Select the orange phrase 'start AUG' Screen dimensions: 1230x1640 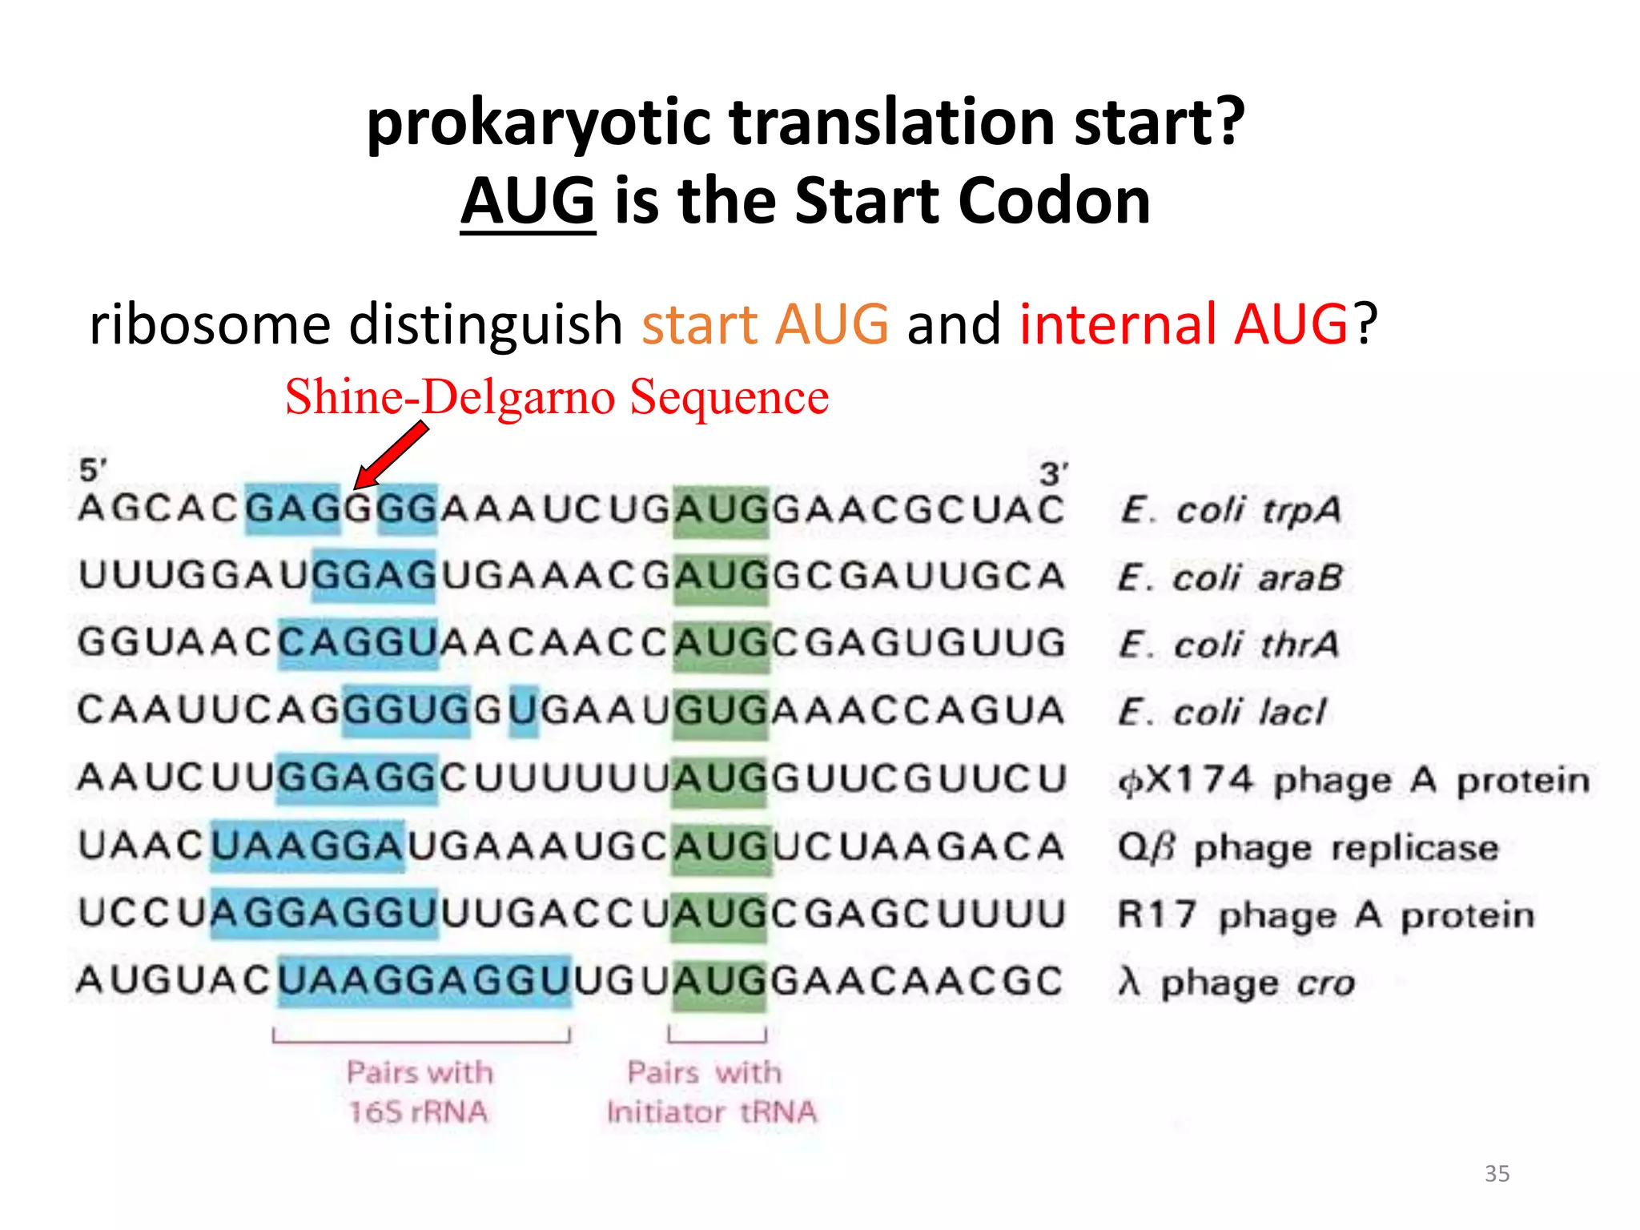tap(765, 324)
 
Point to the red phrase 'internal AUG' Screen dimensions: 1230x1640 tap(1184, 324)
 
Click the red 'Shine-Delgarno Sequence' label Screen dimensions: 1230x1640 tap(557, 396)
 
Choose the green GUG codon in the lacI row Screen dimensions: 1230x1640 tap(721, 711)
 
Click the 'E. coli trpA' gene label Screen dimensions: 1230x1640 tap(1230, 510)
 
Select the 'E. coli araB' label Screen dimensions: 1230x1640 tap(1230, 577)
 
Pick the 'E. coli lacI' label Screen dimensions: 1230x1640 tap(1222, 712)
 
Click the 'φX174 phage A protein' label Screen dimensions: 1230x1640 tap(1353, 780)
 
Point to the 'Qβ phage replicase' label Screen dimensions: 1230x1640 tap(1308, 847)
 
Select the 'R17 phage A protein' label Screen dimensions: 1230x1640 tap(1326, 914)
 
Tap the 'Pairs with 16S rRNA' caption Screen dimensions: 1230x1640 tap(419, 1091)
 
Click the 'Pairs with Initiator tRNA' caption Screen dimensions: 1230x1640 tap(711, 1091)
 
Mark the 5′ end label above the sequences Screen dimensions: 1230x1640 tap(93, 470)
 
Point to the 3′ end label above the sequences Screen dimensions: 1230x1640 tap(1053, 473)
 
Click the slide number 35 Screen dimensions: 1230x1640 tap(1497, 1173)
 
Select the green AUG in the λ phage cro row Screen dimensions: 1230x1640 tap(720, 982)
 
